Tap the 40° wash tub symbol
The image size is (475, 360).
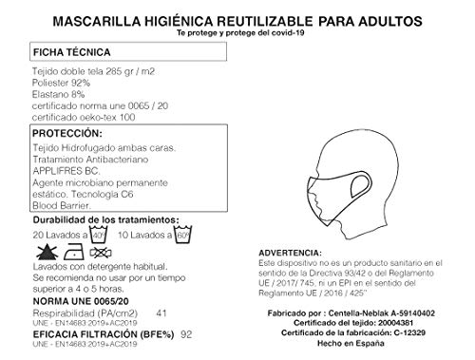98,233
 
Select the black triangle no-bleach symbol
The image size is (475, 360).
43,251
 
